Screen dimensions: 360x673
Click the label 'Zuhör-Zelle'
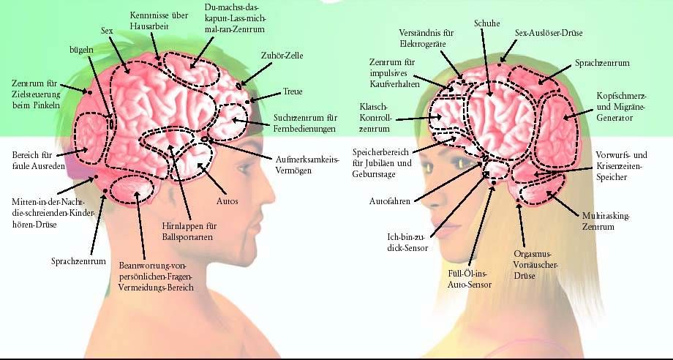(282, 55)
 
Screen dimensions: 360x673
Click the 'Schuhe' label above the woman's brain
(486, 23)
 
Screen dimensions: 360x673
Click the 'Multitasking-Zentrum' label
(606, 222)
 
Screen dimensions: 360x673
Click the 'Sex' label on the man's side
(107, 31)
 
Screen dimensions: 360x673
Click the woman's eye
(464, 163)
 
